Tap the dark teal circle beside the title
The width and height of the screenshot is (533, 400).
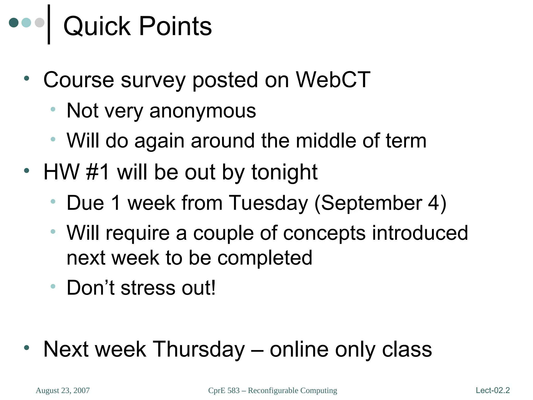[x=14, y=23]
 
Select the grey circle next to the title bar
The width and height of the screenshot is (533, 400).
[x=40, y=23]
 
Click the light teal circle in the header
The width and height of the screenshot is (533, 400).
[x=26, y=23]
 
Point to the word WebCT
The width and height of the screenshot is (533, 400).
[x=333, y=80]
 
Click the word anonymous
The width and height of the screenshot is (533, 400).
[x=203, y=111]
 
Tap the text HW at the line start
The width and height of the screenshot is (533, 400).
[x=61, y=172]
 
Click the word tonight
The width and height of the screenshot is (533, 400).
[x=284, y=173]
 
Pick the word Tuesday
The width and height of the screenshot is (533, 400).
[x=268, y=203]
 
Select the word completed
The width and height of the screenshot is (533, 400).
[x=265, y=258]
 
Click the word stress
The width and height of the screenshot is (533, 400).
[x=148, y=288]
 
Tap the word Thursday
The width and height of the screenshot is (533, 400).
[x=199, y=349]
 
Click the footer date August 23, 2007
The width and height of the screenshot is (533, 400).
[x=63, y=391]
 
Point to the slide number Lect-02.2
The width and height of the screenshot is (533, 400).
[x=493, y=390]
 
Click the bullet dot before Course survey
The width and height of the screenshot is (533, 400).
[x=27, y=78]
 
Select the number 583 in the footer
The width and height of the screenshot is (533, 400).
[x=233, y=391]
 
